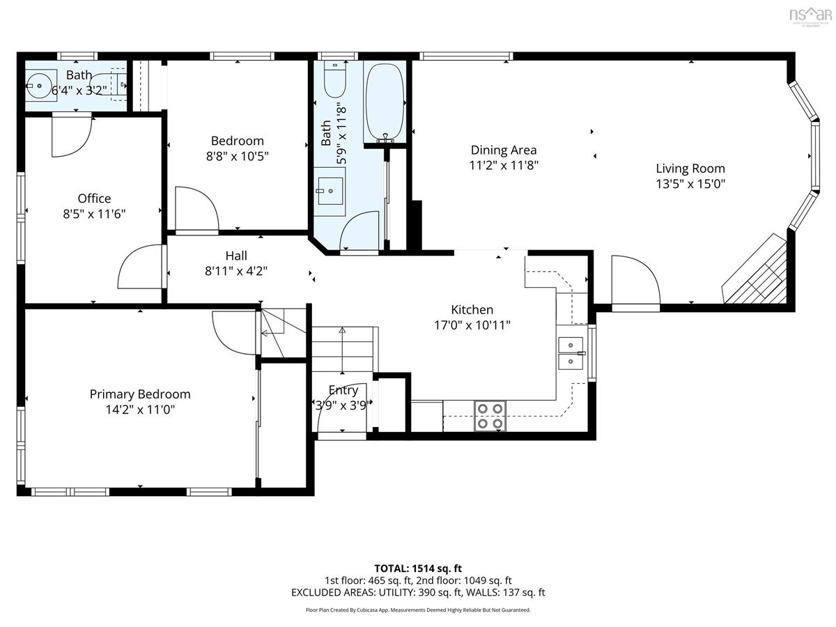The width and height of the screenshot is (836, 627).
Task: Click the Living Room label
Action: tap(690, 169)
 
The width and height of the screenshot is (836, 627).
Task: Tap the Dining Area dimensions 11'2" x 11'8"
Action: tap(504, 166)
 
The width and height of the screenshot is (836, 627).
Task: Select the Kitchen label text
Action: tap(472, 309)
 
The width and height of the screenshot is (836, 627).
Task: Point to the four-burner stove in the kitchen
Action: tap(490, 416)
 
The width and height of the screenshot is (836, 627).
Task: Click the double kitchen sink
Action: tap(571, 353)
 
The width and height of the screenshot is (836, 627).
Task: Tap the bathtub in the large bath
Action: tap(385, 104)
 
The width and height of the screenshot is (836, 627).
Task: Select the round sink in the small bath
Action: tap(39, 86)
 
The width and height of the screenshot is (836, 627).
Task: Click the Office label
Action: tap(94, 199)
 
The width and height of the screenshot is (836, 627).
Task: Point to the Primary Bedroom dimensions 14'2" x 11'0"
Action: tap(140, 410)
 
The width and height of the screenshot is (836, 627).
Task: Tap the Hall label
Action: tap(236, 256)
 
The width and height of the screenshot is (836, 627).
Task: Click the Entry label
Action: tap(343, 390)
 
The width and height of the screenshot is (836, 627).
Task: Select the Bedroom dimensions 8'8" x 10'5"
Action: tap(238, 157)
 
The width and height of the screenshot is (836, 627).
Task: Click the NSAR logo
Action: tap(810, 15)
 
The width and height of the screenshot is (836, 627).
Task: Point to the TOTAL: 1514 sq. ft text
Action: tap(418, 568)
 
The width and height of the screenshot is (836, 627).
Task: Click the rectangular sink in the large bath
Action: tap(330, 191)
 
